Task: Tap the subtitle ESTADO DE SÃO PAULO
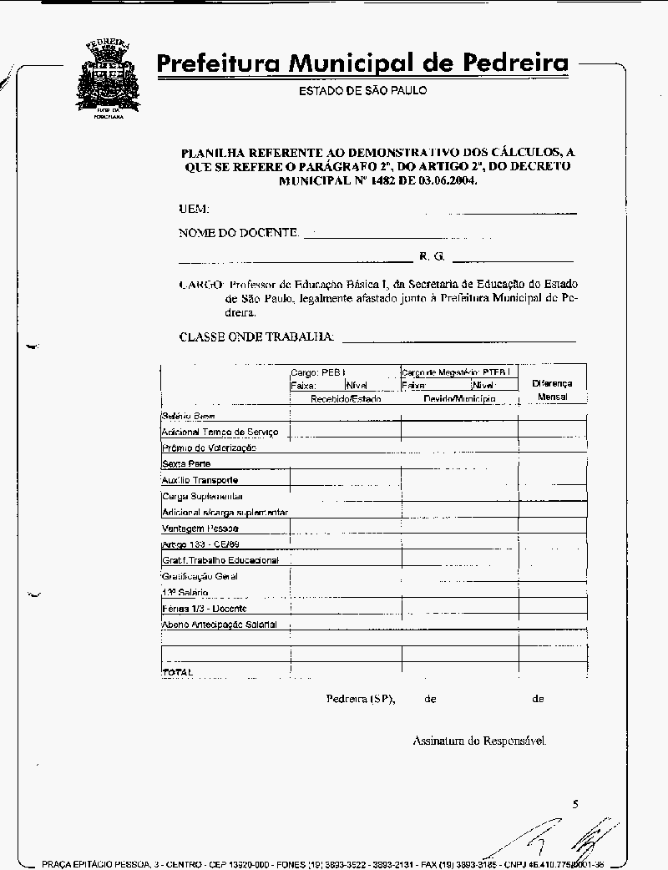pyautogui.click(x=362, y=90)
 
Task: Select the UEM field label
pyautogui.click(x=194, y=209)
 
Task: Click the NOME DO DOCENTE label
pyautogui.click(x=239, y=233)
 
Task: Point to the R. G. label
pyautogui.click(x=432, y=256)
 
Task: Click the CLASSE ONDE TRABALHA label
pyautogui.click(x=257, y=336)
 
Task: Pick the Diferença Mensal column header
pyautogui.click(x=552, y=390)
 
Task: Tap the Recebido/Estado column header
pyautogui.click(x=346, y=399)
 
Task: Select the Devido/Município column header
pyautogui.click(x=459, y=399)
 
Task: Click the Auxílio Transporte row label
pyautogui.click(x=200, y=480)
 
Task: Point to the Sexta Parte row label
pyautogui.click(x=186, y=463)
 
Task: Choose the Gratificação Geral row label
pyautogui.click(x=200, y=576)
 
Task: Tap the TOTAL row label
pyautogui.click(x=177, y=671)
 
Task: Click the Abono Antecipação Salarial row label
pyautogui.click(x=220, y=625)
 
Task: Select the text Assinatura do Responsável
pyautogui.click(x=480, y=740)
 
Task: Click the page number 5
pyautogui.click(x=575, y=804)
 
